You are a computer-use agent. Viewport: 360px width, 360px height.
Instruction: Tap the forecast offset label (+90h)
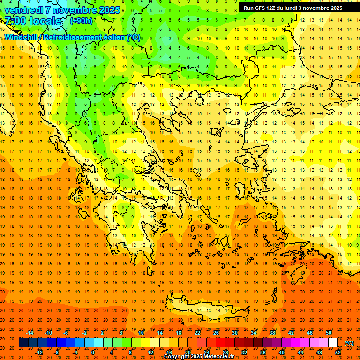pyautogui.click(x=81, y=21)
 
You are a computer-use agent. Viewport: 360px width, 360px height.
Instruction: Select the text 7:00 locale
pyautogui.click(x=33, y=21)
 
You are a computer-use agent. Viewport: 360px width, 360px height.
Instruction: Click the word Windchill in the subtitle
pyautogui.click(x=23, y=37)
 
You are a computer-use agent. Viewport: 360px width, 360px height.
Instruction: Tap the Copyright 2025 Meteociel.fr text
pyautogui.click(x=199, y=357)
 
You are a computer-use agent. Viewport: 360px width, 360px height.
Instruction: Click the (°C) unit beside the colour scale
pyautogui.click(x=349, y=343)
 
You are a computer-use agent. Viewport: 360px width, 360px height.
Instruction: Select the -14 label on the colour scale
pyautogui.click(x=30, y=333)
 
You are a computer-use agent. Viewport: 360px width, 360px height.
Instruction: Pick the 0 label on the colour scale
pyautogui.click(x=92, y=352)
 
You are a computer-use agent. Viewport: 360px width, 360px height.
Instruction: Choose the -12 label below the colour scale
pyautogui.click(x=39, y=352)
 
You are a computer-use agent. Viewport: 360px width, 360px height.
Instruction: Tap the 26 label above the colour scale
pyautogui.click(x=217, y=333)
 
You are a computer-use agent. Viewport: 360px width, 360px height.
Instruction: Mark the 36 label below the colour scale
pyautogui.click(x=263, y=352)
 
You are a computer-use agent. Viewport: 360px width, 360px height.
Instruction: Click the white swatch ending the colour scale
pyautogui.click(x=333, y=343)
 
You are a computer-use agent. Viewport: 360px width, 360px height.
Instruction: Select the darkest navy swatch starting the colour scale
pyautogui.click(x=23, y=343)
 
